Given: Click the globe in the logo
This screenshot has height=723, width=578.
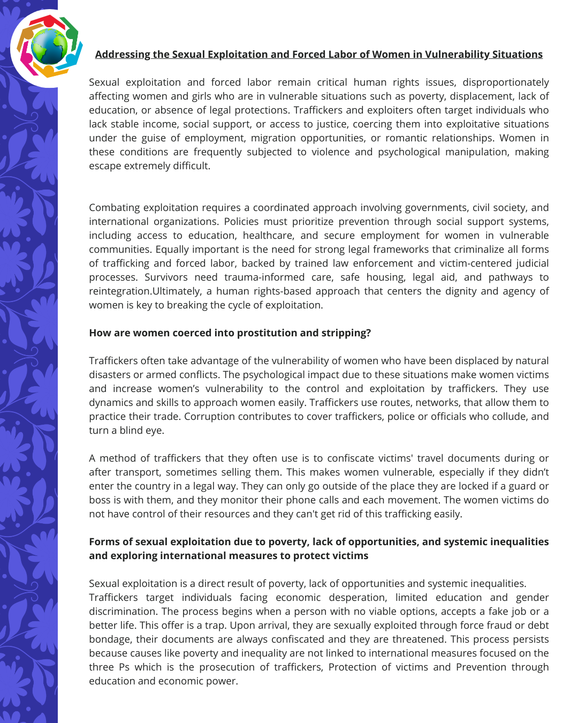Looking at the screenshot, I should tap(49, 47).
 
